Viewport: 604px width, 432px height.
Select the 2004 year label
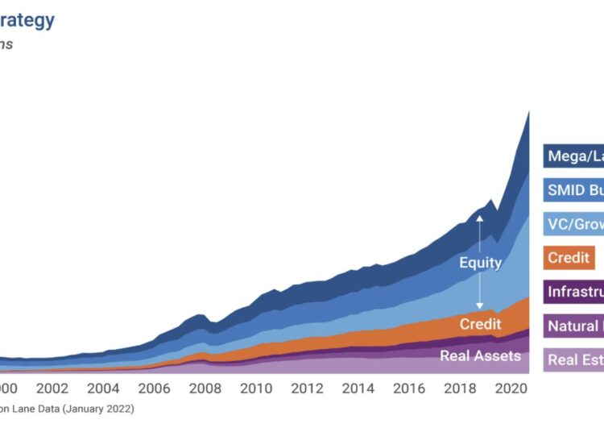[x=103, y=388]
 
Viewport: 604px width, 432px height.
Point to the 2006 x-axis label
[x=154, y=388]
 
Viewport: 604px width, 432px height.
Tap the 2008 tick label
[x=205, y=388]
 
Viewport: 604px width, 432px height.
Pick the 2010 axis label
[x=256, y=388]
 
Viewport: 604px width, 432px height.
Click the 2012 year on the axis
[x=307, y=388]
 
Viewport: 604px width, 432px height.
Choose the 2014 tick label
[x=358, y=388]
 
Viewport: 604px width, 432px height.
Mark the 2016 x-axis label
[x=408, y=388]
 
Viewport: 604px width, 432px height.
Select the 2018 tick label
[x=460, y=388]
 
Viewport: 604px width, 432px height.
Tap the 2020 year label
[x=511, y=388]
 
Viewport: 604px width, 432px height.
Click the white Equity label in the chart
[x=480, y=263]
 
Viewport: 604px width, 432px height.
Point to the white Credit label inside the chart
[x=480, y=324]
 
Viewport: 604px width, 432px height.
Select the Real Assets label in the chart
[x=480, y=355]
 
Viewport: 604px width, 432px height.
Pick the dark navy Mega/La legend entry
[x=574, y=156]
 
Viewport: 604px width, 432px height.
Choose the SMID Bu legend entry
[x=574, y=190]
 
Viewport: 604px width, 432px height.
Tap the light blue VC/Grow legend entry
[x=574, y=224]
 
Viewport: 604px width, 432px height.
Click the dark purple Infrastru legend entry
[x=574, y=292]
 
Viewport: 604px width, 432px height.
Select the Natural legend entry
[x=574, y=326]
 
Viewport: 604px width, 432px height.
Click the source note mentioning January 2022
[x=68, y=409]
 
